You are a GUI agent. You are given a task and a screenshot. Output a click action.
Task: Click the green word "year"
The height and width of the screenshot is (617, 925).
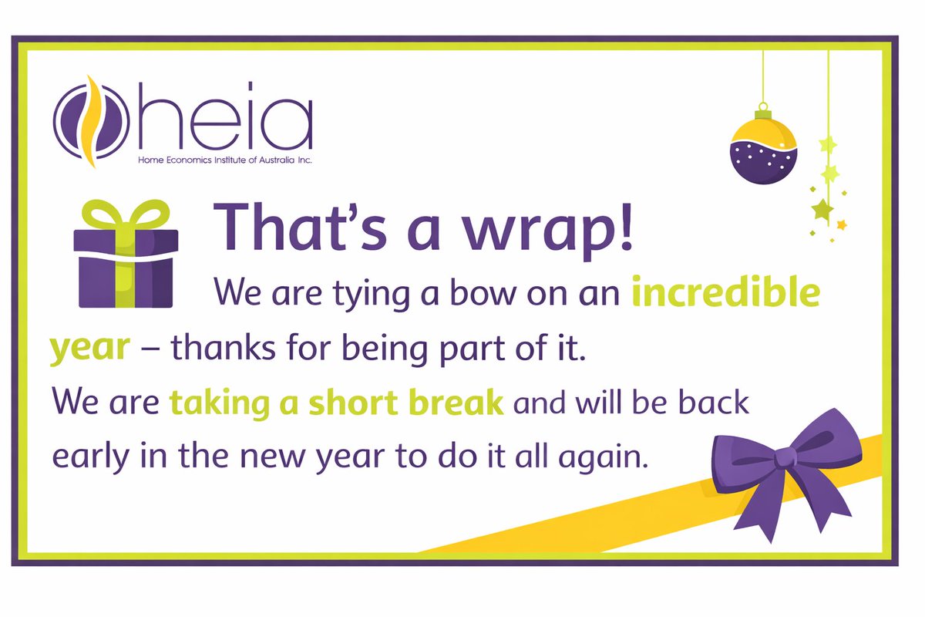(89, 349)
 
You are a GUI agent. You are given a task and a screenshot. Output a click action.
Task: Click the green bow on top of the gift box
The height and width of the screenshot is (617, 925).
(126, 214)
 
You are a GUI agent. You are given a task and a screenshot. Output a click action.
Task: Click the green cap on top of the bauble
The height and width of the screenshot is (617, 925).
(762, 115)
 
